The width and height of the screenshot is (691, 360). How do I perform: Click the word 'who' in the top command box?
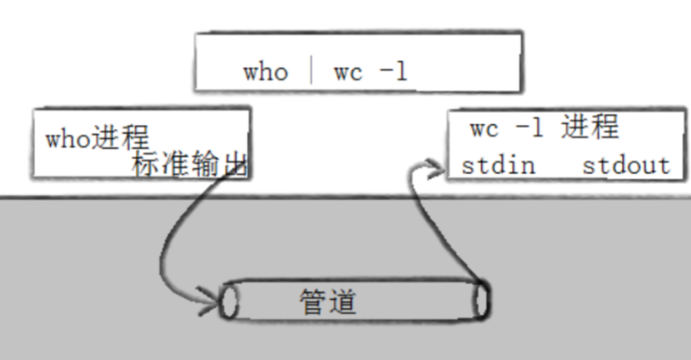point(265,72)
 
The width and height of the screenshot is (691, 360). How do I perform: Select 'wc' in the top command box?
point(348,72)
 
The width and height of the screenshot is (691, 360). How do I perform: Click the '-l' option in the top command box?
point(393,72)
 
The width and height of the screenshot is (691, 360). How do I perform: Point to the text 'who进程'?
point(97,137)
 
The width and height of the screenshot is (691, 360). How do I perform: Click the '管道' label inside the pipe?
point(328,301)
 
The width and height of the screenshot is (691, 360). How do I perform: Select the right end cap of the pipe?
point(481,301)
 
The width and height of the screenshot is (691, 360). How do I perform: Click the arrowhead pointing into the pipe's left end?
point(213,301)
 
